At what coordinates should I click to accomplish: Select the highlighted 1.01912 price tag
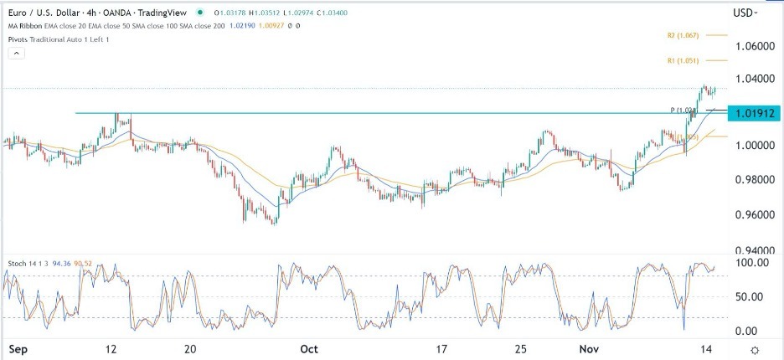point(754,112)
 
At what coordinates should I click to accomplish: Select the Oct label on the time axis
point(310,347)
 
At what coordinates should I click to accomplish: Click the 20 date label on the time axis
point(190,347)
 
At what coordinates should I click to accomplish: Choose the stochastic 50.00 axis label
point(751,296)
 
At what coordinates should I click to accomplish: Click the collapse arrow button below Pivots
point(14,53)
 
